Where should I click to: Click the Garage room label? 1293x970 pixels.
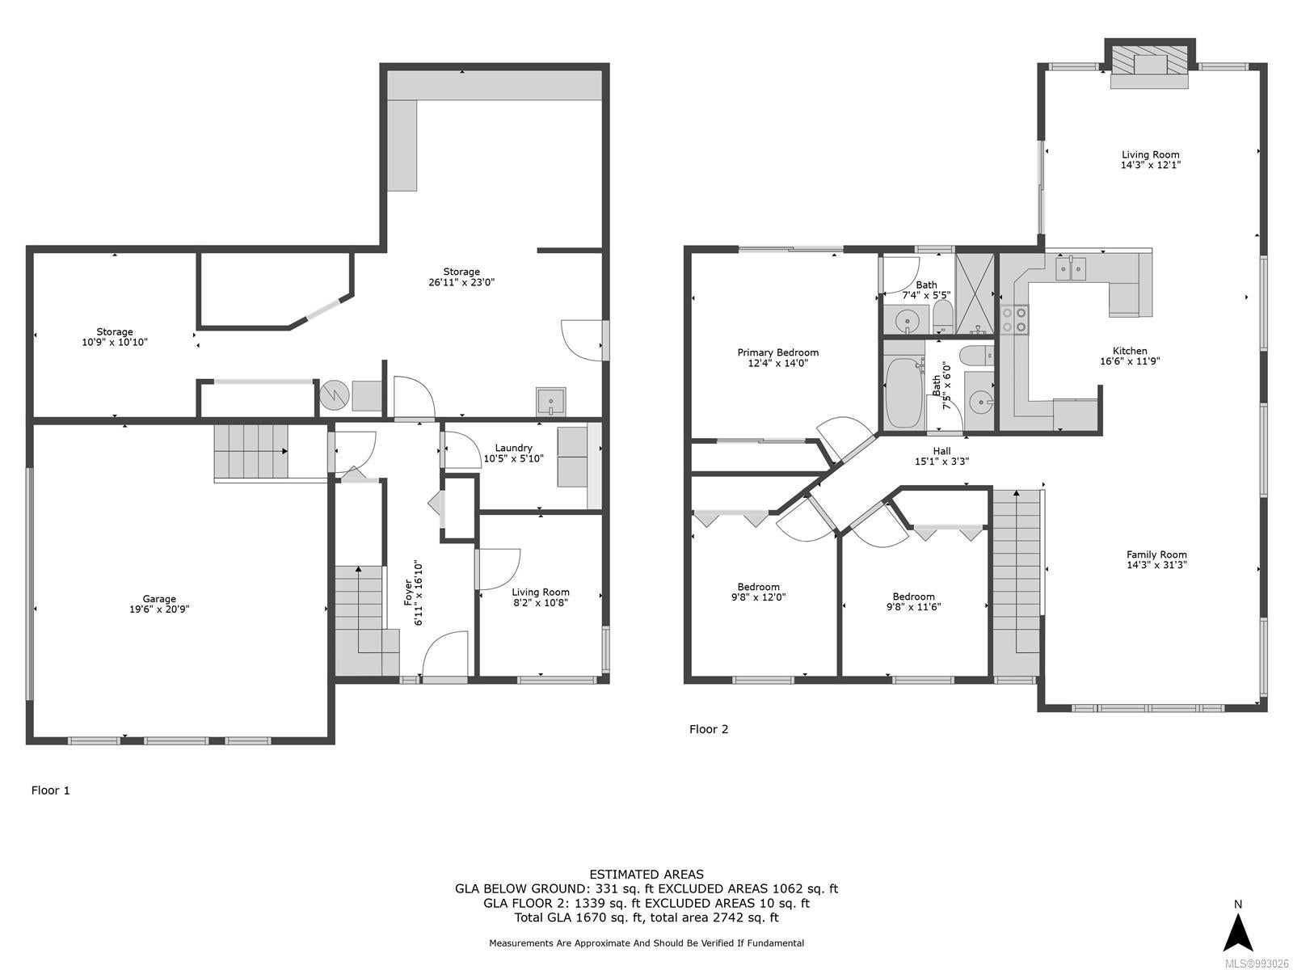click(159, 599)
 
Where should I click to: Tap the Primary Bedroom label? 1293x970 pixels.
click(777, 352)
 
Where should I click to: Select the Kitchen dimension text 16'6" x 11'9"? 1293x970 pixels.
click(1129, 361)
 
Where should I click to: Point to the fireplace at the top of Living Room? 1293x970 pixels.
click(1148, 65)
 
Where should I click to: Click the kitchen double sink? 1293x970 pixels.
click(1070, 269)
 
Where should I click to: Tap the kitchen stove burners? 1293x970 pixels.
click(1013, 319)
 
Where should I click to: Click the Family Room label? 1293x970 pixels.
click(1156, 555)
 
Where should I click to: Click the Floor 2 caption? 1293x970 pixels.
click(709, 729)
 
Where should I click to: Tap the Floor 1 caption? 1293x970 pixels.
click(51, 791)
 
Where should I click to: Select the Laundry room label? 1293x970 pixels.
click(513, 448)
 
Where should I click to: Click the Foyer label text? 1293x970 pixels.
click(407, 593)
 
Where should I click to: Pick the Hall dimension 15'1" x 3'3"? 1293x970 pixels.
click(941, 462)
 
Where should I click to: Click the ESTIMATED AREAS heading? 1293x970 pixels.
click(646, 875)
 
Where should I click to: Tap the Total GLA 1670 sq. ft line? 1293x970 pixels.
click(646, 917)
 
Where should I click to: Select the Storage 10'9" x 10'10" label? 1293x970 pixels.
click(114, 337)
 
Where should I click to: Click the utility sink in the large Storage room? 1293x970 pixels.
click(550, 401)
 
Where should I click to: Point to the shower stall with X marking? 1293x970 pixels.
click(975, 294)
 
